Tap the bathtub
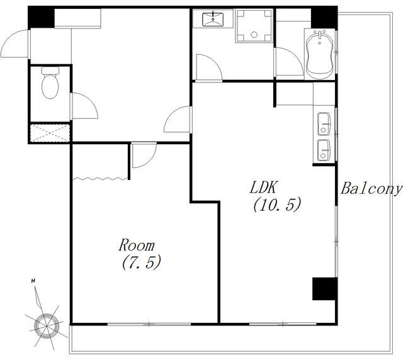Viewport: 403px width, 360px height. (x=320, y=55)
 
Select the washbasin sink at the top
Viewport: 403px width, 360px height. (x=213, y=20)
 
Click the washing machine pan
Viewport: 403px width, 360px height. (x=254, y=26)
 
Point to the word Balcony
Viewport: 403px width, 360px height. (x=371, y=189)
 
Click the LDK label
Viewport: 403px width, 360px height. (x=264, y=187)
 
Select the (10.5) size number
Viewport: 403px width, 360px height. (x=277, y=205)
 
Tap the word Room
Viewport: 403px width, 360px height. (x=137, y=245)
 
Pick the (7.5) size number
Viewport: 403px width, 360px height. (x=142, y=262)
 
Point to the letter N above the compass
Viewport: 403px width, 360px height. (x=33, y=281)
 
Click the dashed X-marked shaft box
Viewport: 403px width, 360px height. (x=50, y=133)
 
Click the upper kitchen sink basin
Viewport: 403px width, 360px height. (x=324, y=124)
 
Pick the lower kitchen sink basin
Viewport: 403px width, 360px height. (x=324, y=150)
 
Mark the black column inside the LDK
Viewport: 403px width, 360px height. (x=324, y=288)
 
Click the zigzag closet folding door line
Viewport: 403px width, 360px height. (x=101, y=178)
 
